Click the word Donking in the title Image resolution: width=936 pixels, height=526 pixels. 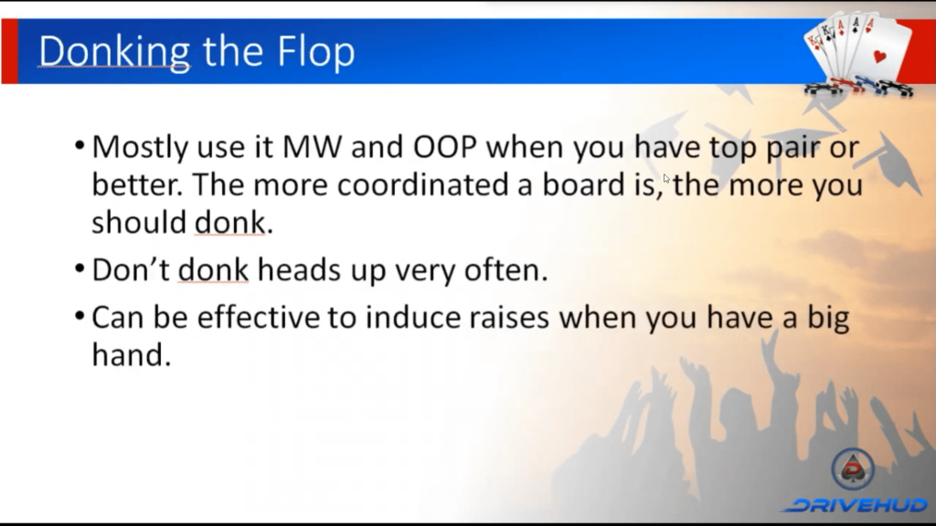click(x=114, y=52)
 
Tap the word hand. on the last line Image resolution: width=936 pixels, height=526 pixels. click(x=132, y=355)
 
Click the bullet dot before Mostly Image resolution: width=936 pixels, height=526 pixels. click(x=80, y=145)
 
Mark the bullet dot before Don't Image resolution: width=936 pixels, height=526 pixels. click(x=80, y=268)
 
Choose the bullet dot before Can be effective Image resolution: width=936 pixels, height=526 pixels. click(x=80, y=315)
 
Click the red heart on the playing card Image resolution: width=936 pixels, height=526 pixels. click(x=879, y=58)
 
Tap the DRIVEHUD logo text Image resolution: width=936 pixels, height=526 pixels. click(x=857, y=506)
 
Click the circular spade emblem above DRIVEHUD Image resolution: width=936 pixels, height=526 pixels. click(x=853, y=468)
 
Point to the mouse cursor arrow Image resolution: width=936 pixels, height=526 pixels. click(x=666, y=179)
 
